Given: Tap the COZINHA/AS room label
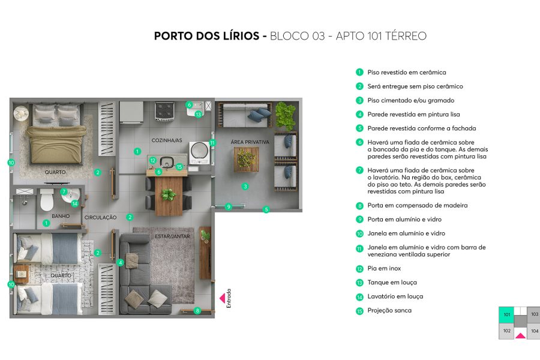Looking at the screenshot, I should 167,140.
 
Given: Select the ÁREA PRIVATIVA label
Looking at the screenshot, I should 250,142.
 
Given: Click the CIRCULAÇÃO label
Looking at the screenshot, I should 100,217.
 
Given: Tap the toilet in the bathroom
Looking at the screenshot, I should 46,201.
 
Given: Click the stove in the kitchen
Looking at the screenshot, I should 164,111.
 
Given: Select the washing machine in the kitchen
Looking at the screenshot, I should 198,152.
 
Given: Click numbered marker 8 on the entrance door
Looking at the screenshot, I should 197,310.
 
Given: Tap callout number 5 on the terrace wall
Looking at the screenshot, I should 266,209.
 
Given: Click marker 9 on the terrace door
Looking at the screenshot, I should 228,206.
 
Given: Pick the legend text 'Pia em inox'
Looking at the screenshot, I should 384,268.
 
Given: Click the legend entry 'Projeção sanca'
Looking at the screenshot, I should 389,310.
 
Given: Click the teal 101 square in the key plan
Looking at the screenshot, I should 506,315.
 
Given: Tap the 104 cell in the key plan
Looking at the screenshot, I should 534,331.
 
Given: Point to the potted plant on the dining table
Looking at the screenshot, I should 168,194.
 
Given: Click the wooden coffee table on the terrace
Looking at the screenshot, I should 246,159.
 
